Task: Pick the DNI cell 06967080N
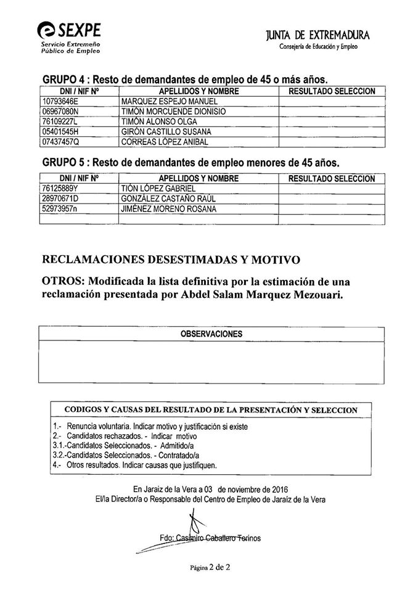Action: point(60,111)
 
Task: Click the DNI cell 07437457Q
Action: point(60,142)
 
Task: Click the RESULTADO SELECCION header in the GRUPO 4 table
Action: point(331,91)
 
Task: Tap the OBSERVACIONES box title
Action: point(211,334)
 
